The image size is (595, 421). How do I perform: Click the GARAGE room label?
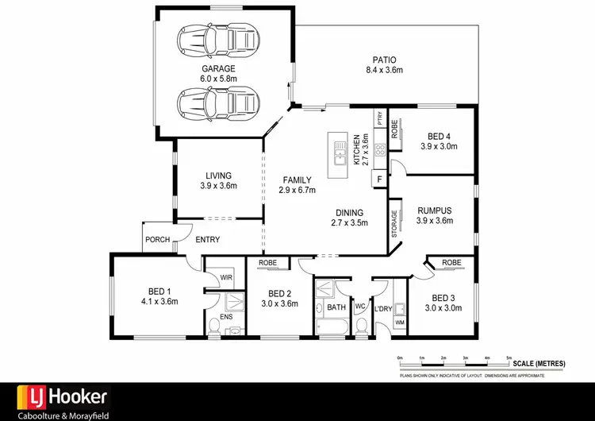tap(218, 69)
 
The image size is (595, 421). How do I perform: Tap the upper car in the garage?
tap(219, 38)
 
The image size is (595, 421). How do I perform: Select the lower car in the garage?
tap(219, 101)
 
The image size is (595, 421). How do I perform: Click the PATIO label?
tap(385, 60)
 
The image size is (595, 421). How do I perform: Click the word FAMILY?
tap(297, 180)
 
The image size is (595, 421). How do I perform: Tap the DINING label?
tap(349, 213)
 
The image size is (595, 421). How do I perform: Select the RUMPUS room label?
tap(434, 210)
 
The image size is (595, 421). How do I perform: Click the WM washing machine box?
tap(400, 323)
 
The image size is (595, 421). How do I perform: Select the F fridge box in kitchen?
tap(380, 180)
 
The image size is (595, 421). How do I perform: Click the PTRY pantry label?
tap(381, 119)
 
